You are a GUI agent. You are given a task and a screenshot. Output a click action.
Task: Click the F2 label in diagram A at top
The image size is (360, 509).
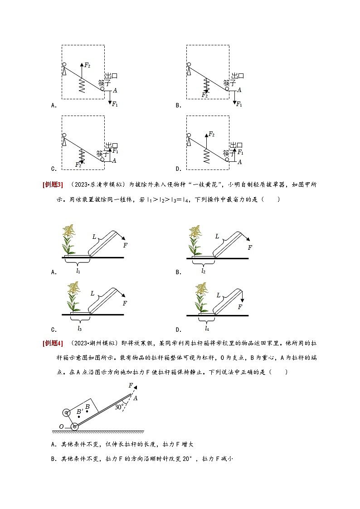(88, 65)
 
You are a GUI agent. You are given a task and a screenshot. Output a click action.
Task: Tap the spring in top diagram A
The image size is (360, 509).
(82, 85)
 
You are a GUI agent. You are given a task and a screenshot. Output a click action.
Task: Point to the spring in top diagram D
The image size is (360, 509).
(207, 155)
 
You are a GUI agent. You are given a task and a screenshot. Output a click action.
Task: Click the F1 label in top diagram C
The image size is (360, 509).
(115, 150)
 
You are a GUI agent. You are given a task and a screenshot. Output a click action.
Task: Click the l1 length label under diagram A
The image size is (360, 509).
(78, 271)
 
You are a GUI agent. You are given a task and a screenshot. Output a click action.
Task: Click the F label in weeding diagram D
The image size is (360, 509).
(240, 307)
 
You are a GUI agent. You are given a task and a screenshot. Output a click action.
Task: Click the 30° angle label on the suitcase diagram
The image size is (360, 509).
(119, 407)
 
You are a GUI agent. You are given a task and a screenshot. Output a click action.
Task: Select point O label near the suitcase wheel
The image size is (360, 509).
(62, 427)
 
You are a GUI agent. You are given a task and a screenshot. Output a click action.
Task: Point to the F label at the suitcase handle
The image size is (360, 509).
(131, 385)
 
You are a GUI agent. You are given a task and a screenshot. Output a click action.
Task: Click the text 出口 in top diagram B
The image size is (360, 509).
(238, 76)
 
